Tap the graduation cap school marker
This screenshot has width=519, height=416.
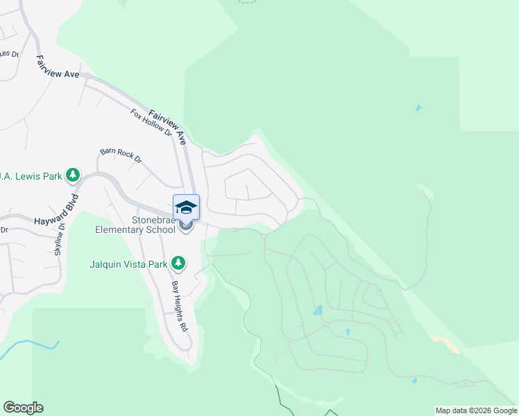pyautogui.click(x=186, y=207)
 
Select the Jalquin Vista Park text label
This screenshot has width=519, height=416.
pyautogui.click(x=128, y=263)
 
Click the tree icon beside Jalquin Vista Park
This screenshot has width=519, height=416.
pyautogui.click(x=179, y=263)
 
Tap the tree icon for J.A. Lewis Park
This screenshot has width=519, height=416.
pyautogui.click(x=73, y=175)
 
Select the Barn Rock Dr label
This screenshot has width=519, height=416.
pyautogui.click(x=120, y=155)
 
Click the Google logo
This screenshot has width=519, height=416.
pyautogui.click(x=23, y=408)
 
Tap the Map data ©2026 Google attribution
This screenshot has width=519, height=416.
pyautogui.click(x=476, y=410)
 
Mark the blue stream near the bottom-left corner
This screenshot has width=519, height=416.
pyautogui.click(x=28, y=346)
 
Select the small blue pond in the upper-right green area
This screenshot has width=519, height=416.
pyautogui.click(x=417, y=108)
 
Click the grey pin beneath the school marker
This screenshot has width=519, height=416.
pyautogui.click(x=185, y=225)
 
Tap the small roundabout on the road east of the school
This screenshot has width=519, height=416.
pyautogui.click(x=264, y=236)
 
